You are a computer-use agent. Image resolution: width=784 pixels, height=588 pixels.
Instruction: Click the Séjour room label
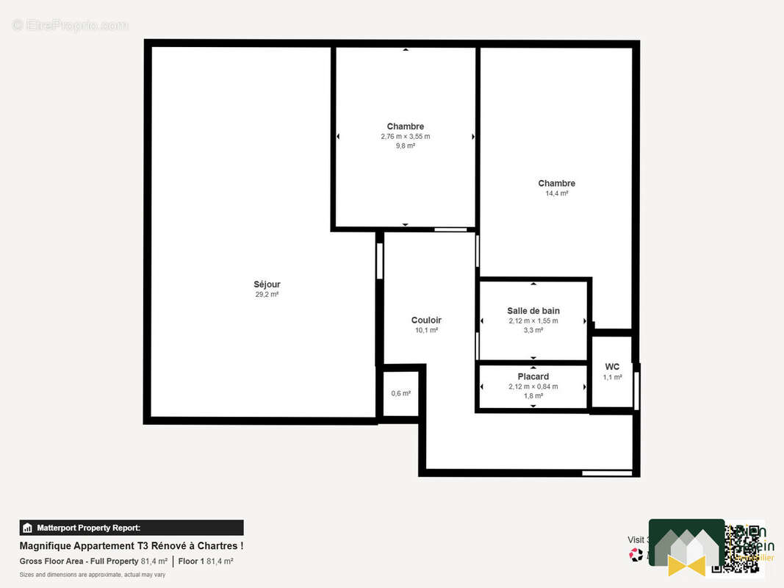pyautogui.click(x=267, y=284)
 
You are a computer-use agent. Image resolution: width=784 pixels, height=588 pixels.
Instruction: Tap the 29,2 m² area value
pyautogui.click(x=267, y=295)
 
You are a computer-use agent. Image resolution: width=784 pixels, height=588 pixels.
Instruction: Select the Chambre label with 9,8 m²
pyautogui.click(x=405, y=126)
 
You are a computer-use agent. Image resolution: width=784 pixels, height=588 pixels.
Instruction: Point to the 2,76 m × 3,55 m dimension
pyautogui.click(x=405, y=137)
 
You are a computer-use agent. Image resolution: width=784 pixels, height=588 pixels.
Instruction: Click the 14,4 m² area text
pyautogui.click(x=556, y=193)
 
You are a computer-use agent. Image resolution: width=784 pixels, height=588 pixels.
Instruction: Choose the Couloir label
pyautogui.click(x=426, y=320)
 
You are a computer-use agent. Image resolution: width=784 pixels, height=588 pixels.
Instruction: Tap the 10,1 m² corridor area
pyautogui.click(x=426, y=331)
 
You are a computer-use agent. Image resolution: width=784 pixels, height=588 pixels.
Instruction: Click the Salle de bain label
pyautogui.click(x=533, y=311)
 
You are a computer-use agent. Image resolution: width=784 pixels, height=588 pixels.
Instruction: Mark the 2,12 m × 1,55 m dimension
pyautogui.click(x=533, y=321)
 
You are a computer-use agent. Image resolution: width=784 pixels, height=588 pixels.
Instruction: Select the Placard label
pyautogui.click(x=533, y=376)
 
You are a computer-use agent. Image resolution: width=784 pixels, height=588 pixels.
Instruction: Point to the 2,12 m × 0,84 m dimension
pyautogui.click(x=533, y=387)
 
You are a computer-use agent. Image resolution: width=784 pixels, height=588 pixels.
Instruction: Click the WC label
pyautogui.click(x=612, y=367)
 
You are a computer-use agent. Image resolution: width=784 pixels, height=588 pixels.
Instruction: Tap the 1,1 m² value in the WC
pyautogui.click(x=612, y=377)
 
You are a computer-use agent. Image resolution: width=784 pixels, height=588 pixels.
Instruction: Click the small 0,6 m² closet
pyautogui.click(x=400, y=393)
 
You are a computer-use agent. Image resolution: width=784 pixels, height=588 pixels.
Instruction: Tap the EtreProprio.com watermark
pyautogui.click(x=70, y=26)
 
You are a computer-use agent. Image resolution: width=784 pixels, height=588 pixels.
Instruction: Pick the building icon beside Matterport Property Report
pyautogui.click(x=28, y=528)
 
